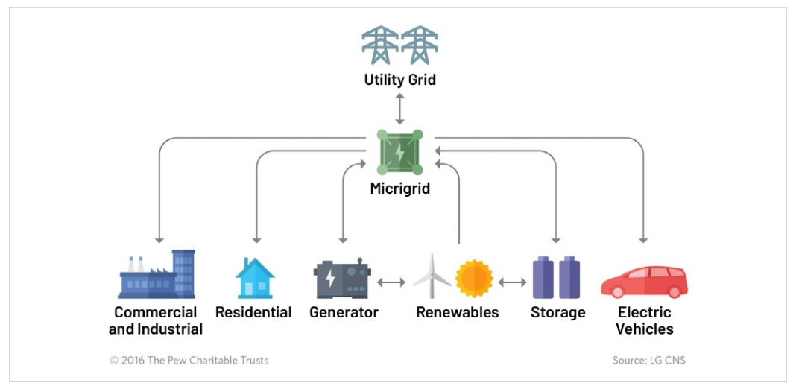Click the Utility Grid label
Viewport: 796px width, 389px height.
coord(399,79)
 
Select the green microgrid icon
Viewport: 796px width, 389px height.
coord(399,153)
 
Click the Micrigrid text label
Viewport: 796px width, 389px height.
coord(399,189)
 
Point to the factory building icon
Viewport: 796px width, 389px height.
coord(157,275)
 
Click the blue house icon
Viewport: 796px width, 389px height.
coord(255,278)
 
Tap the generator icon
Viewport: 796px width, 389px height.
coord(342,279)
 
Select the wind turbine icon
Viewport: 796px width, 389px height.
coord(432,276)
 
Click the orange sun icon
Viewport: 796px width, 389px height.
coord(474,278)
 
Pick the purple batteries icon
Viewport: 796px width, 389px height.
coord(556,277)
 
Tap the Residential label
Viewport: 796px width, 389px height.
coord(253,312)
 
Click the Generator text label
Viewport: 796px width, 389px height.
coord(344,312)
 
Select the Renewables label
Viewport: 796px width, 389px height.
coord(457,312)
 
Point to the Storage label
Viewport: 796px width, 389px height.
coord(557,312)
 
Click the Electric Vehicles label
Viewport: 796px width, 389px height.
coord(645,320)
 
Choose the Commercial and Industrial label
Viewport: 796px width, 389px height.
coord(156,320)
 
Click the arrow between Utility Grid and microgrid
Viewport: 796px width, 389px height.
coord(400,109)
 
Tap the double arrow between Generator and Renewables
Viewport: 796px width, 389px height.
coord(391,282)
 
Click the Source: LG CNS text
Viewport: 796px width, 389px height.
coord(648,361)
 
